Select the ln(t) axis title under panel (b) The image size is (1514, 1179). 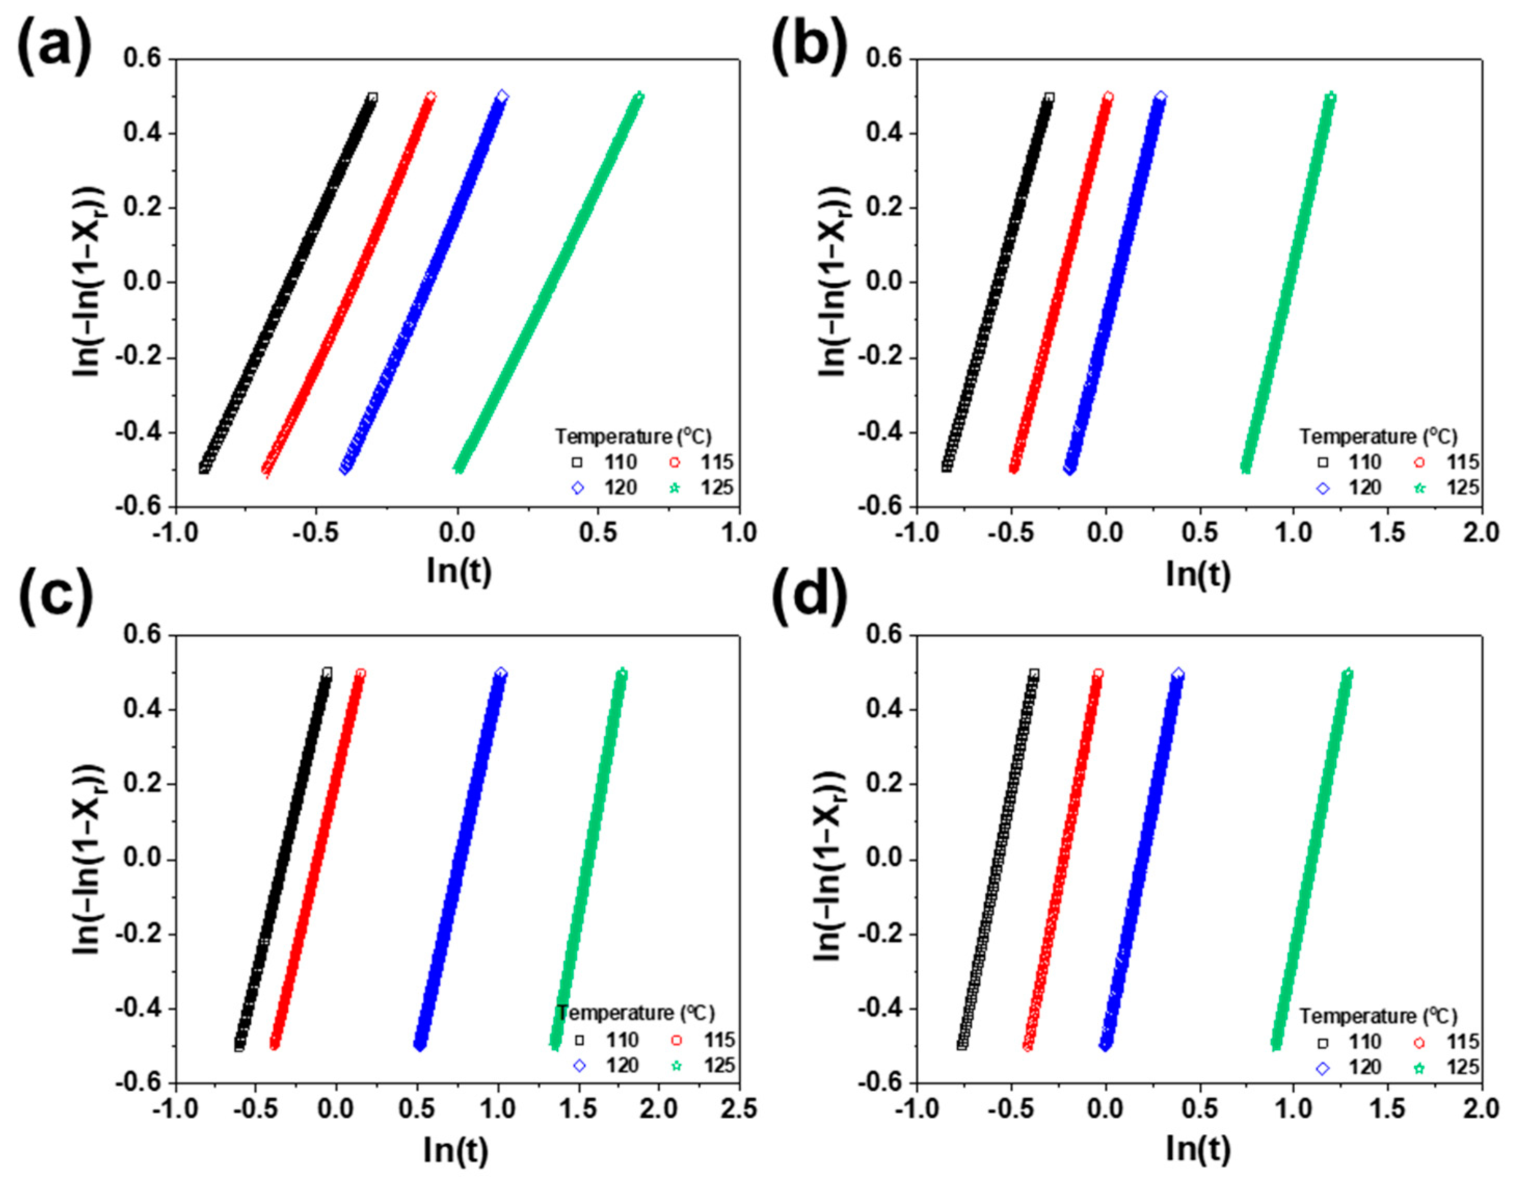tap(1198, 572)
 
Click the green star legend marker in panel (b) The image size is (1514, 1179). tap(1419, 488)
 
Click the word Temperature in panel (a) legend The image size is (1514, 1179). tap(613, 437)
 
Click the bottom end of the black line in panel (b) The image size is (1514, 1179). tap(947, 467)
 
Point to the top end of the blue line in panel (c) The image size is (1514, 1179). tap(501, 673)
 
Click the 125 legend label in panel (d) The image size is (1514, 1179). tap(1463, 1067)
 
